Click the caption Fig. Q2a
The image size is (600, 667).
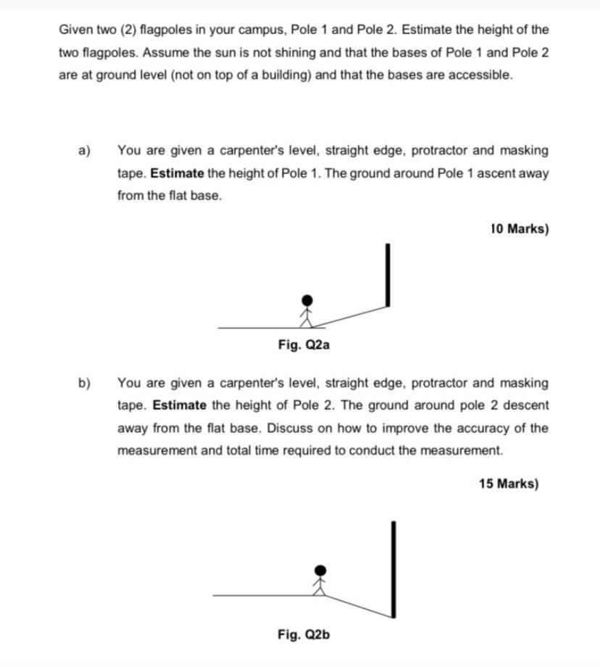[x=304, y=345]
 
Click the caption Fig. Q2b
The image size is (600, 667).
[x=304, y=635]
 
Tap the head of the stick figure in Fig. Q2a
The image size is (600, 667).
[x=308, y=300]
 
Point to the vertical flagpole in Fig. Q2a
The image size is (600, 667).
[x=388, y=275]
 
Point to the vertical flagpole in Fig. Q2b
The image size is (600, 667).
[x=393, y=569]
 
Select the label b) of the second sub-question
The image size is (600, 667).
[x=85, y=383]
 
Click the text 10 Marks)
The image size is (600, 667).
[x=520, y=229]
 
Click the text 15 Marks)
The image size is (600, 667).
[x=508, y=484]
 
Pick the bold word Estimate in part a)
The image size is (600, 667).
[x=178, y=173]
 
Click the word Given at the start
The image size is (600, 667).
[x=76, y=30]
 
